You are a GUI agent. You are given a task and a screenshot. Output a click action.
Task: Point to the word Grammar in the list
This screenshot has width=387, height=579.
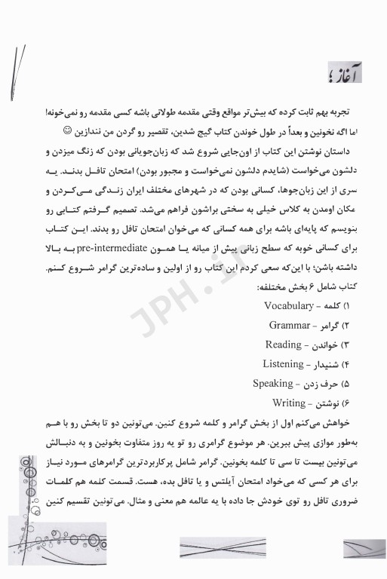pos(293,325)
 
